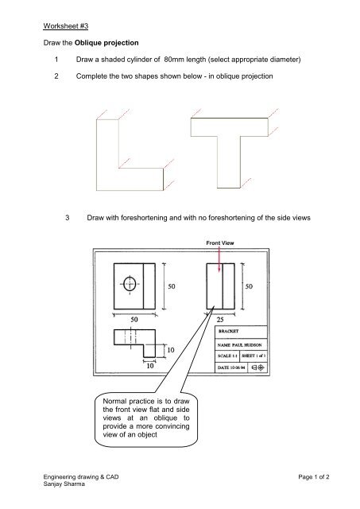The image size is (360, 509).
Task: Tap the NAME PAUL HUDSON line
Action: (242, 344)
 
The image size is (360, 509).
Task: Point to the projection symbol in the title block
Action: (269, 367)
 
